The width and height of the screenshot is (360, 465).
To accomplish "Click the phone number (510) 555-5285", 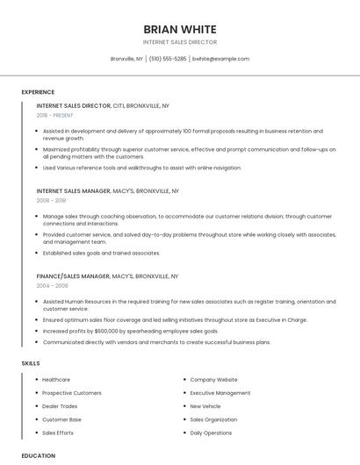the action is pos(168,59).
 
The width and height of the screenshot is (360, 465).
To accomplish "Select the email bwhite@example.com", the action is pos(220,59).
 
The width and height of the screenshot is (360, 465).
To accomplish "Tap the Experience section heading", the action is pos(38,92).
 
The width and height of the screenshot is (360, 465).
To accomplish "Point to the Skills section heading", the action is pos(31,363).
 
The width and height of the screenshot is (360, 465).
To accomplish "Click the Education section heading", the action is pos(39,455).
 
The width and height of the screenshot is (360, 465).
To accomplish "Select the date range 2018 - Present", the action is pos(54,115).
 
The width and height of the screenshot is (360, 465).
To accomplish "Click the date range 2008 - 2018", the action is pos(51,200).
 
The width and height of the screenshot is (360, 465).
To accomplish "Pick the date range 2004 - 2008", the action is pos(52,285).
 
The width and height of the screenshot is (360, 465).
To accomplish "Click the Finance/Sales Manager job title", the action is pos(73,275).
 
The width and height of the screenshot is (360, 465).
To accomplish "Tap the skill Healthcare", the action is pos(56,380).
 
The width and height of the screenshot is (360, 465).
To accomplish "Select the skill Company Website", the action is pos(213,380).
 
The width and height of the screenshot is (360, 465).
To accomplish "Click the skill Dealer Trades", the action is pos(60,406).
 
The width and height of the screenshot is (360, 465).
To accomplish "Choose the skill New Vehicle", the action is pos(205,406).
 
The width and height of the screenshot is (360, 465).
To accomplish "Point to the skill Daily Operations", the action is pos(211,433).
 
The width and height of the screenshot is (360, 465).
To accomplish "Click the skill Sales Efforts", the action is pos(58,433).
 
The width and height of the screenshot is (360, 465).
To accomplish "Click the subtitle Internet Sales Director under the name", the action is pos(179,42).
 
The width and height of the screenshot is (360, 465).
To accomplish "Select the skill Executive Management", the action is pos(220,393).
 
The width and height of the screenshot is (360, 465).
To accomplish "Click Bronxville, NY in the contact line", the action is pos(126,59).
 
